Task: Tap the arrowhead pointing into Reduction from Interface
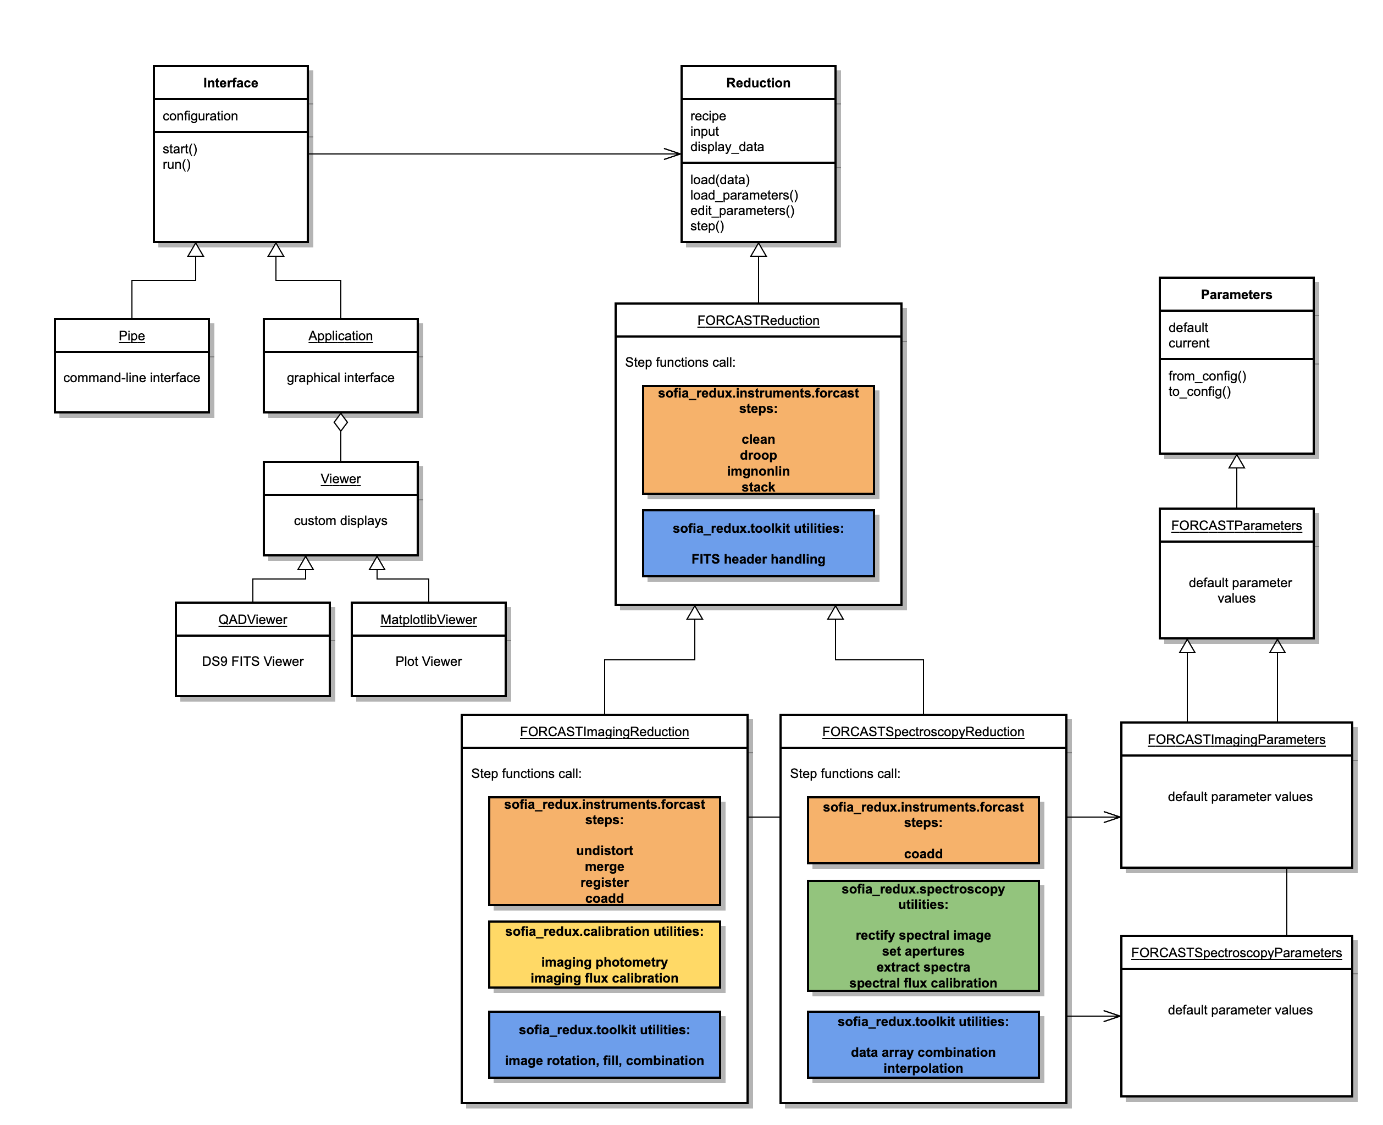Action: (674, 153)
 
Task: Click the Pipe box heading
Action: (131, 335)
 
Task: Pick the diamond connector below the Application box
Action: (340, 422)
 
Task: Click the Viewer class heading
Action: (340, 479)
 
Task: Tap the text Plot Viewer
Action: (428, 661)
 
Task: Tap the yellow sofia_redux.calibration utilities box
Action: (604, 954)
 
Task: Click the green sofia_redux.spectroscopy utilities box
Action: (922, 935)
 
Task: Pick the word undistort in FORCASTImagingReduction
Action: (604, 850)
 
